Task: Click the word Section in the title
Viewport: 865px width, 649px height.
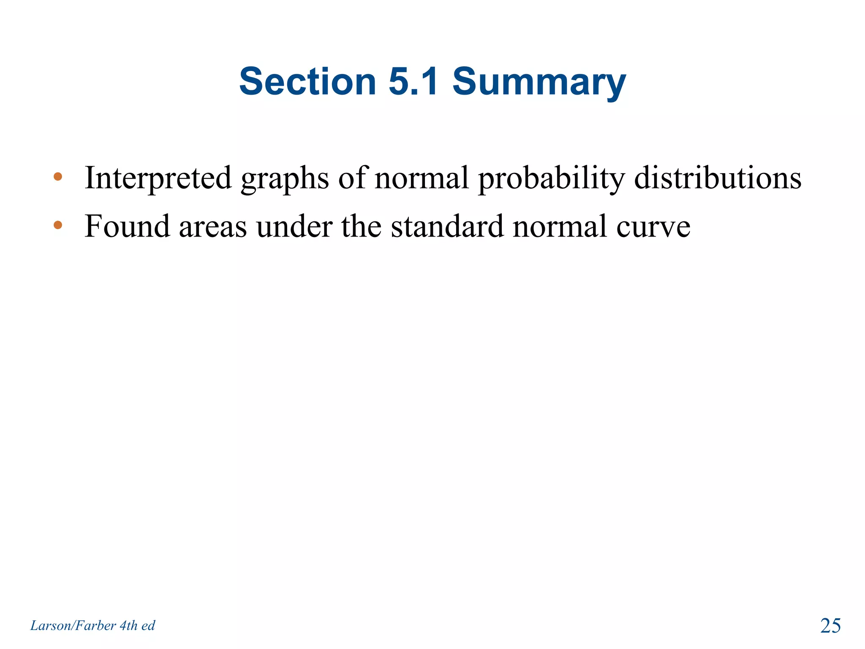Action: coord(307,81)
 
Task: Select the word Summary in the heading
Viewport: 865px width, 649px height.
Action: coord(539,83)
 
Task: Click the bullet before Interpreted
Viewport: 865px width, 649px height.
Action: coord(58,177)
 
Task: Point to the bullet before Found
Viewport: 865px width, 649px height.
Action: coord(58,225)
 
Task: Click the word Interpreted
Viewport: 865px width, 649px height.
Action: coord(158,178)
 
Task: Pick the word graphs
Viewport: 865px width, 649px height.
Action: coord(285,179)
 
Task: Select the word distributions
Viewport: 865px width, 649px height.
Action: coord(718,178)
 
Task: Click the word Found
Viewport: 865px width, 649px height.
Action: coord(127,226)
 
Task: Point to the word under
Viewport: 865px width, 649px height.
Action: coord(294,226)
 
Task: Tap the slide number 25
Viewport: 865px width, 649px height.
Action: coord(830,626)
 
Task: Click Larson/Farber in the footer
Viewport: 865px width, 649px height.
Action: coord(73,626)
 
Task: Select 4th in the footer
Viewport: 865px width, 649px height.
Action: coord(128,626)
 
